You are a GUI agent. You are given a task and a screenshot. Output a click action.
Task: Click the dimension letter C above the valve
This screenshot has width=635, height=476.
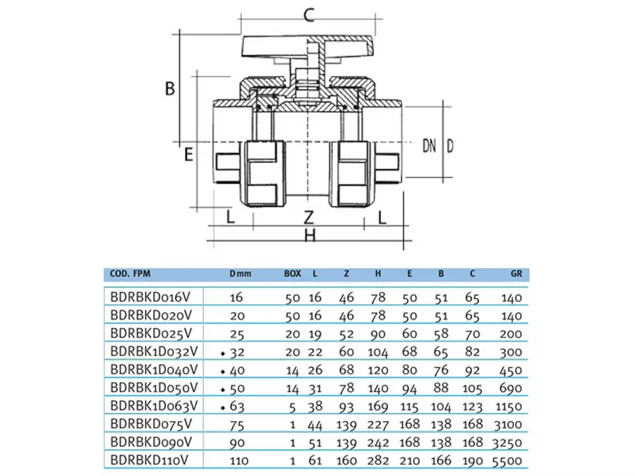[x=308, y=14]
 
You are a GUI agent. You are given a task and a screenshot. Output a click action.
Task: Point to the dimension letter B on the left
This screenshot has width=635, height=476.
[x=169, y=89]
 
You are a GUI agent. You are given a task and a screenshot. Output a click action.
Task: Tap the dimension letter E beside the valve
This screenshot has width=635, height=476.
[x=188, y=154]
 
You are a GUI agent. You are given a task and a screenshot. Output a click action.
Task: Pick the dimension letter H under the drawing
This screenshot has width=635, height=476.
[x=309, y=236]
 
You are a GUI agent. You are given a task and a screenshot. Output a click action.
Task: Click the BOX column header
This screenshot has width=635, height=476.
[x=292, y=274]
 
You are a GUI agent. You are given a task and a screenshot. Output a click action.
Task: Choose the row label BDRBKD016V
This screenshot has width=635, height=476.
[x=152, y=298]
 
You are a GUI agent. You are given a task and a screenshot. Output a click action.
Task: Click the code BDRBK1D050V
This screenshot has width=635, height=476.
[x=155, y=387]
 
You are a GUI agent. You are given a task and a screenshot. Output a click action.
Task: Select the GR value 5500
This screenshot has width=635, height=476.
[x=508, y=460]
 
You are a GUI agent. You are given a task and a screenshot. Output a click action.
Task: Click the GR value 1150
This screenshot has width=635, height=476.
[x=508, y=406]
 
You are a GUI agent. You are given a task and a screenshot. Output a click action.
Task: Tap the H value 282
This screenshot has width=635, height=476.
[x=380, y=460]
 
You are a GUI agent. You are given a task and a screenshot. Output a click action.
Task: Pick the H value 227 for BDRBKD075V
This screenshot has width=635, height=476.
[x=380, y=424]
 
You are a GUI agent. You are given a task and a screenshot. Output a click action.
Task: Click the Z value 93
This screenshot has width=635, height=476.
[x=346, y=406]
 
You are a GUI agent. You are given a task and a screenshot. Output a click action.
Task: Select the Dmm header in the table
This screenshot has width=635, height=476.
[x=240, y=274]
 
